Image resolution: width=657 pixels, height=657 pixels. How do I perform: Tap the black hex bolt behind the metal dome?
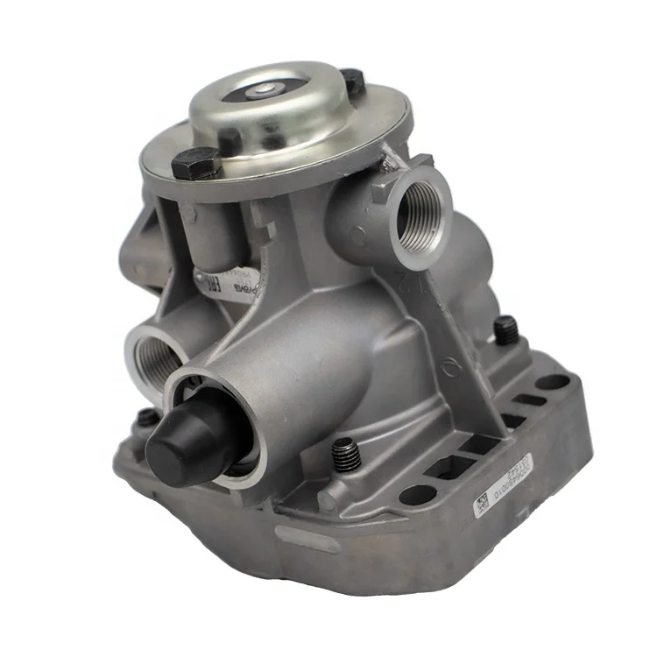pos(353,81)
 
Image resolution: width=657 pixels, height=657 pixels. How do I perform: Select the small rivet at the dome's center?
pos(265,89)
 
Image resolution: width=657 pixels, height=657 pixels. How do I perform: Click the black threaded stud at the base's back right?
pos(505,330)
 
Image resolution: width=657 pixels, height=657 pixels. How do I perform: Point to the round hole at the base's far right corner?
pos(553,382)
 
